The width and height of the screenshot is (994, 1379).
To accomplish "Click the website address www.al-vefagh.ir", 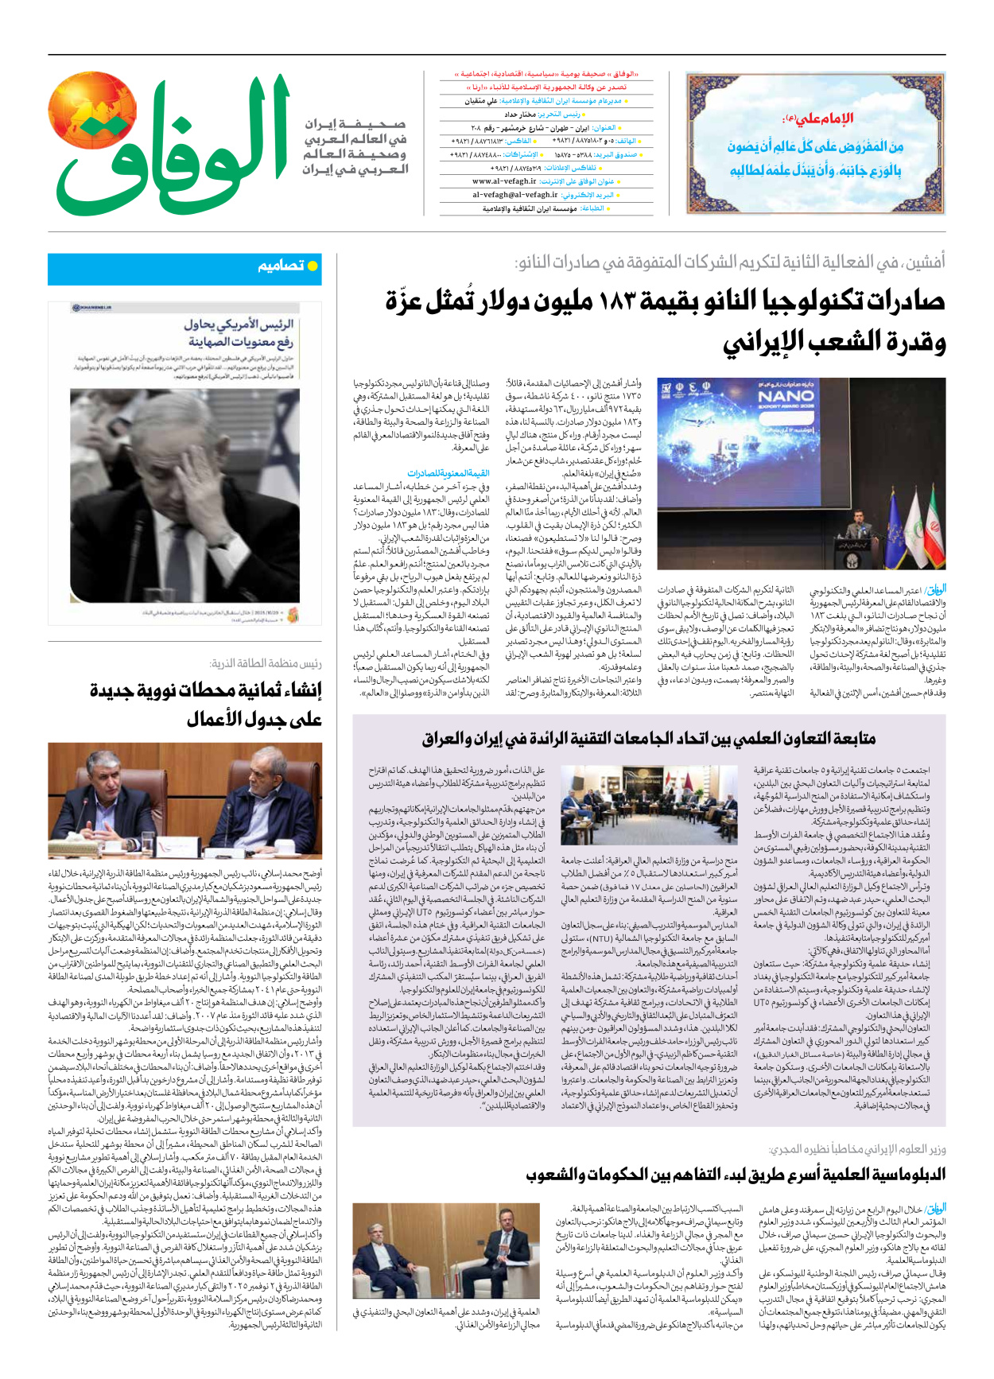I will [504, 181].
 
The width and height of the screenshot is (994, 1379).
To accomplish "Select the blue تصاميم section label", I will [281, 266].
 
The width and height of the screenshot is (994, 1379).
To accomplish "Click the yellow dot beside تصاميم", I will [313, 266].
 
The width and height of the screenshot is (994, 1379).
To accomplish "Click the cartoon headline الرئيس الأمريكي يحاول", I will [239, 324].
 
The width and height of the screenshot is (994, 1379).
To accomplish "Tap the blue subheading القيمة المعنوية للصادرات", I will [448, 473].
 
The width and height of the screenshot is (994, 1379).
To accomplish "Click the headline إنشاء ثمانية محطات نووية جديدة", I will [206, 691].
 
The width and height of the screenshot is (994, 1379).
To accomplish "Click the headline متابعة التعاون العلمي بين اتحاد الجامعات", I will [648, 739].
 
